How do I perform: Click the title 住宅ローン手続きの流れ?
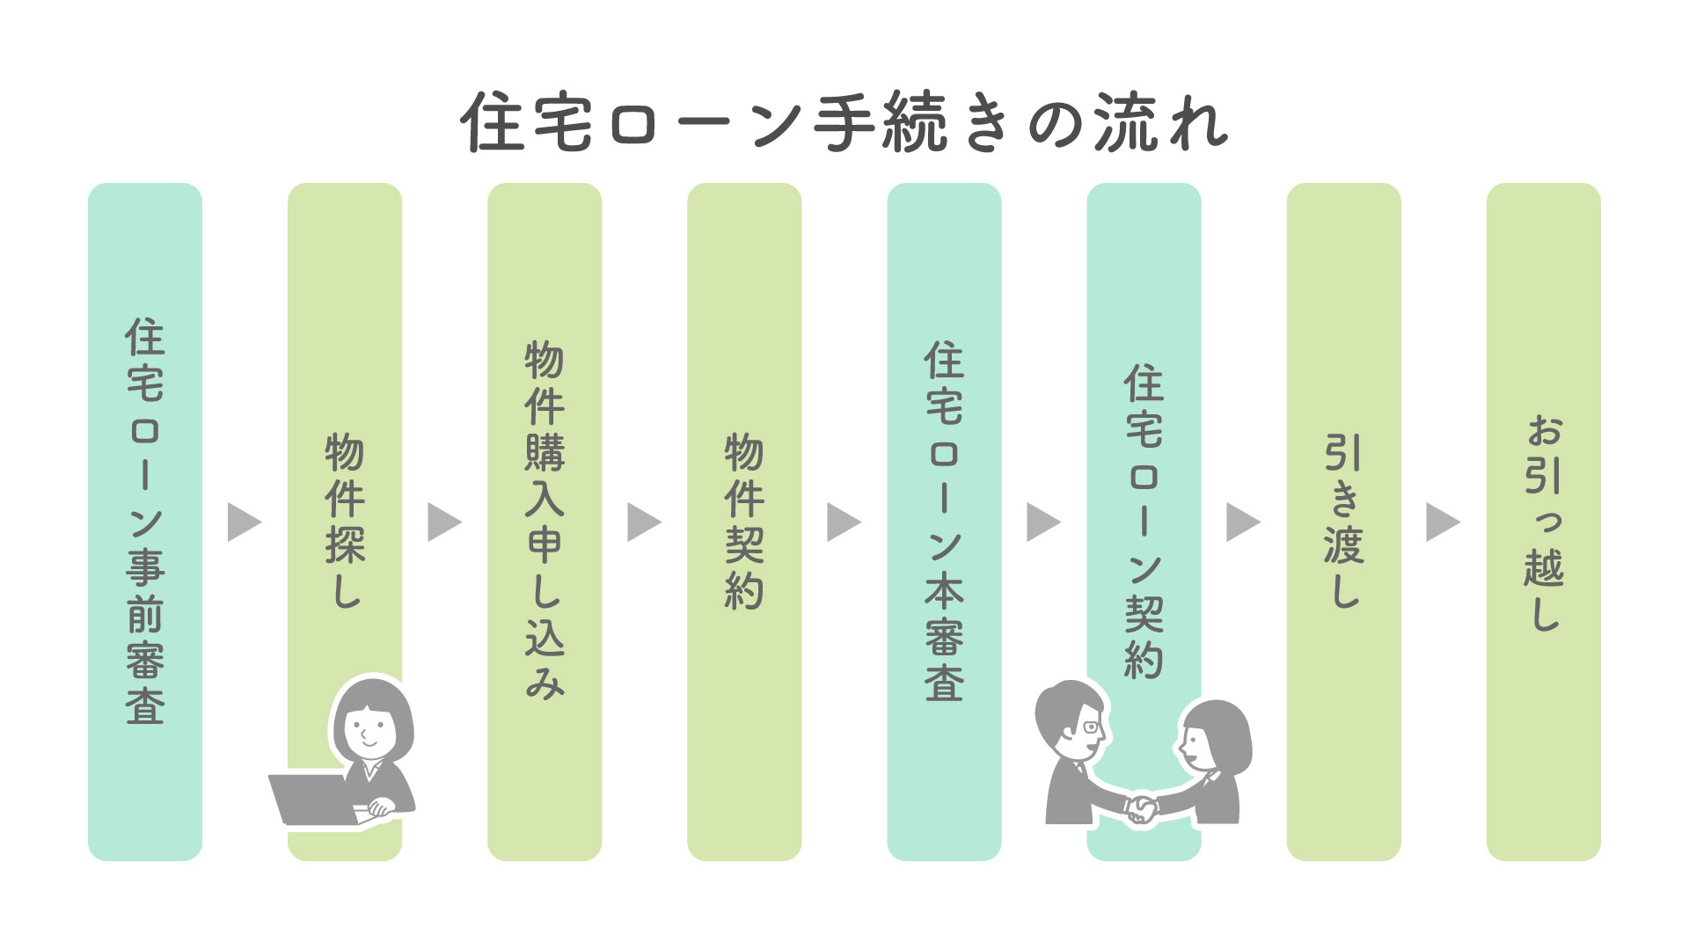tap(844, 122)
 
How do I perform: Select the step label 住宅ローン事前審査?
tap(145, 522)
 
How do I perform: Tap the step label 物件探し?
tap(345, 521)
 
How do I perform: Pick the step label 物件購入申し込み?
tap(545, 521)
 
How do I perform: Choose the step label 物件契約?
tap(744, 521)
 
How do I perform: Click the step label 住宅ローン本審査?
tap(944, 521)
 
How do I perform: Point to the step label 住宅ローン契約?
tap(1144, 521)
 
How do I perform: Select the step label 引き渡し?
tap(1343, 521)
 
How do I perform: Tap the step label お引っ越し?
tap(1544, 522)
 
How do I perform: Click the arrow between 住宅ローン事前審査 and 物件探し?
tap(244, 522)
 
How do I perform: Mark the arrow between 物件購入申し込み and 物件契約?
tap(643, 522)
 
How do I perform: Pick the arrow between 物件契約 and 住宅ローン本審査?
tap(843, 522)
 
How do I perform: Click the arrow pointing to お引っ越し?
tap(1442, 522)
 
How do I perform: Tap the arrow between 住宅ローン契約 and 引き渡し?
tap(1242, 522)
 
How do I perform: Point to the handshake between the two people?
tap(1142, 807)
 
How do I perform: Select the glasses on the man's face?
tap(1092, 727)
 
